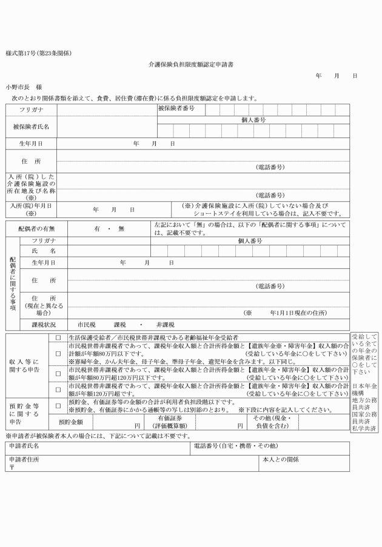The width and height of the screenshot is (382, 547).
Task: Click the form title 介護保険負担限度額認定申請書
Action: click(x=191, y=64)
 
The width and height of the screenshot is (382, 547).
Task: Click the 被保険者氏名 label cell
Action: click(x=31, y=127)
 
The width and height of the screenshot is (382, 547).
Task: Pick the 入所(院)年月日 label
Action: click(x=31, y=209)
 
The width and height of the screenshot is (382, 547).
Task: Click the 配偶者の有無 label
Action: click(x=36, y=228)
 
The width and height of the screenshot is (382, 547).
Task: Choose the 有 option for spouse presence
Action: click(x=97, y=228)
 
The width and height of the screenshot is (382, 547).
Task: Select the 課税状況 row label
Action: click(x=43, y=325)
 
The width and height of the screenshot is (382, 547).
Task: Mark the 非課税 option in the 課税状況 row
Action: click(x=164, y=325)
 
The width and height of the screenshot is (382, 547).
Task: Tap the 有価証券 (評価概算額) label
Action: click(x=173, y=422)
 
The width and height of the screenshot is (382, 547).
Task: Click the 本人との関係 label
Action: click(x=280, y=459)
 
